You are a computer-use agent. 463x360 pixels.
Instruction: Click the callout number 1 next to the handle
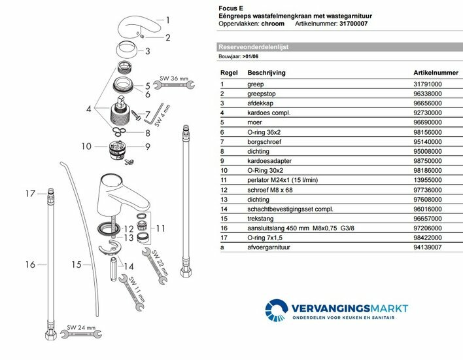point(167,20)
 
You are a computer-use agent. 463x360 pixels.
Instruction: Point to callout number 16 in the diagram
point(29,265)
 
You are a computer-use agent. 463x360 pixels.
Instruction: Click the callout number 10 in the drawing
point(86,147)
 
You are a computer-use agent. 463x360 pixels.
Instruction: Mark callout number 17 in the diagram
point(29,194)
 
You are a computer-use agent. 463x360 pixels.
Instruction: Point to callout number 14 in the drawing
point(129,267)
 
